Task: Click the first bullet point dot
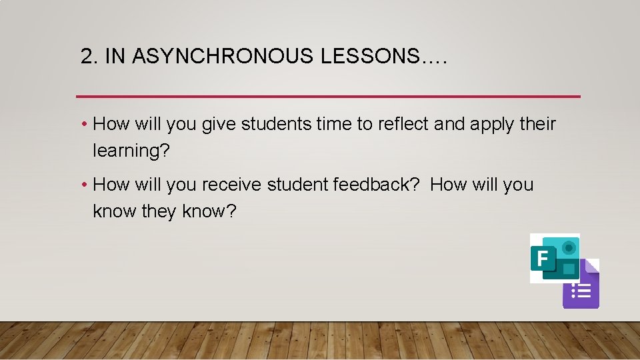click(85, 125)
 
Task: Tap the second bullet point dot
click(85, 185)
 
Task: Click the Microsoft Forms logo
click(555, 257)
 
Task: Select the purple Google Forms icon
click(581, 285)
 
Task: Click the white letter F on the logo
click(542, 258)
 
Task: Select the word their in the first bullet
click(537, 124)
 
